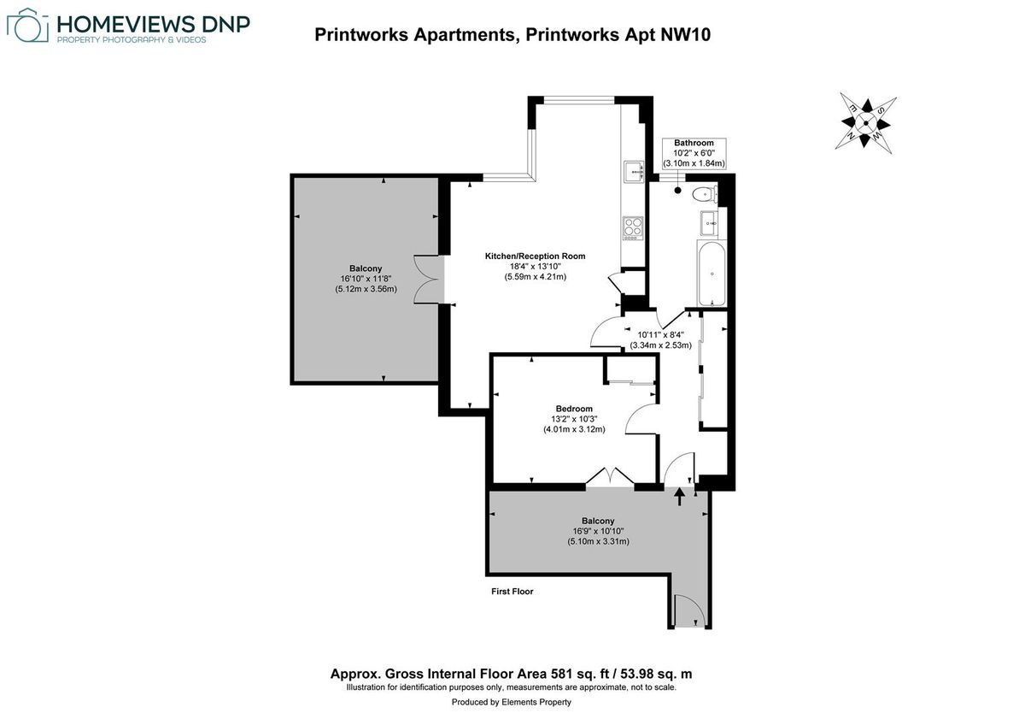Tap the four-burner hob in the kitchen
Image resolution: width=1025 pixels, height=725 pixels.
click(633, 227)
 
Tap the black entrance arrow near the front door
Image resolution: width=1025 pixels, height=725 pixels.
click(680, 496)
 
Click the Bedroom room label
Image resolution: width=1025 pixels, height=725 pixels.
click(574, 409)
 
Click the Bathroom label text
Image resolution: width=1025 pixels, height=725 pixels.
click(694, 143)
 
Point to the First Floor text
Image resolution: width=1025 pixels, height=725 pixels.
click(512, 591)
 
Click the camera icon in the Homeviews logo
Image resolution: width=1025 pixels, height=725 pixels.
click(26, 27)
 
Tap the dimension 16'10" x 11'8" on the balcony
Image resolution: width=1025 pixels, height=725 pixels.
click(366, 279)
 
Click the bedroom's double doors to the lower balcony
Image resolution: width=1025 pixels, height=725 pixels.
click(610, 479)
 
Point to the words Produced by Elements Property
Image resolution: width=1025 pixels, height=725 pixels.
click(512, 702)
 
